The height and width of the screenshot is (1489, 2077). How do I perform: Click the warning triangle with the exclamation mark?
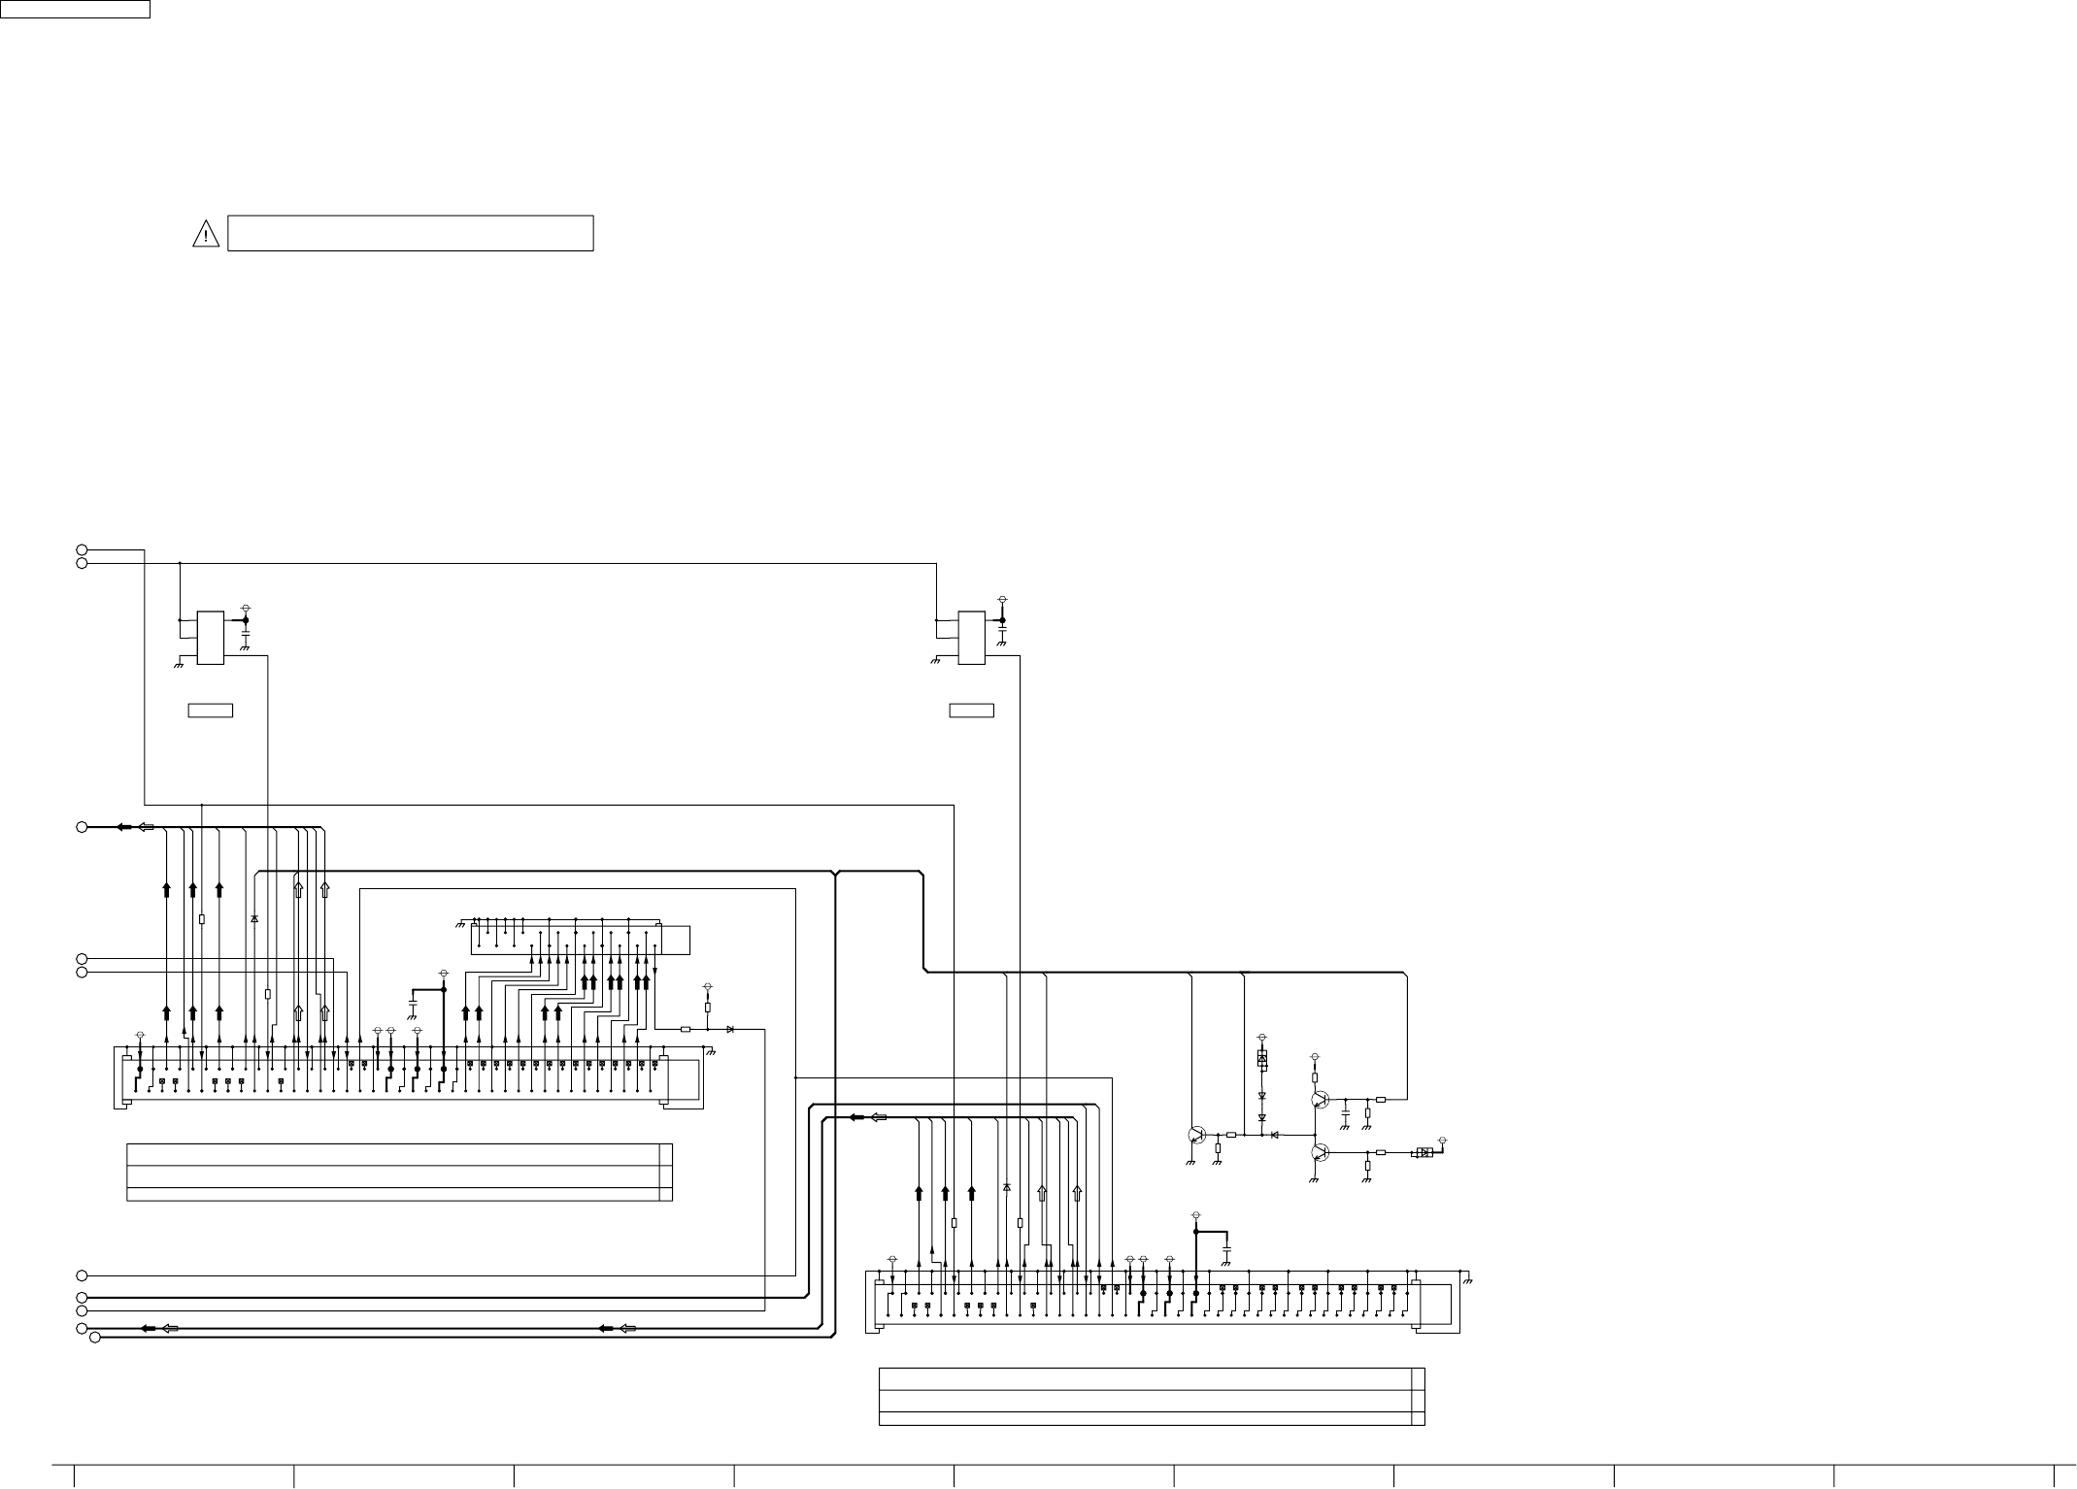(206, 234)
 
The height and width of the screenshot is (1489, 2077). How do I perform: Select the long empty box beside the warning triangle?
(410, 233)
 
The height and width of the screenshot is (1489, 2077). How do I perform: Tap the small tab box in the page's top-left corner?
(75, 9)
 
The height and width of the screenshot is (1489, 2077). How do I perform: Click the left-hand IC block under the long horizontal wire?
(211, 638)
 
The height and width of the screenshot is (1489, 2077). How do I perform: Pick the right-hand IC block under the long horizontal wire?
(971, 638)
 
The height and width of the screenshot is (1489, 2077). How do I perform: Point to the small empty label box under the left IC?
(210, 711)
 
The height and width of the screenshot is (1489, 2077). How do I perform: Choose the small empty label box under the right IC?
(971, 711)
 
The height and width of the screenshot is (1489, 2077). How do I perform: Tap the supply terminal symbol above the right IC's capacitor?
(1002, 601)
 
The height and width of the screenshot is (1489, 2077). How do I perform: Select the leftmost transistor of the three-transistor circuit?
(1196, 1135)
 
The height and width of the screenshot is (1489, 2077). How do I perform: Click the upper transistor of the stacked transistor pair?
(1319, 1100)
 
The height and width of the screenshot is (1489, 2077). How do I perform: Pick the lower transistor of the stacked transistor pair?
(1319, 1152)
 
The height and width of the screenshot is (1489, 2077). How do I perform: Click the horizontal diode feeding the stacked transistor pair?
(1275, 1135)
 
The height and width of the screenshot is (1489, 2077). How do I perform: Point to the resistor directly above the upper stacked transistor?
(1315, 1077)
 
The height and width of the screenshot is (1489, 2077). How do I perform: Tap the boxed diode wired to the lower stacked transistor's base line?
(1424, 1152)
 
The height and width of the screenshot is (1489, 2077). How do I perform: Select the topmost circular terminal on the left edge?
(83, 550)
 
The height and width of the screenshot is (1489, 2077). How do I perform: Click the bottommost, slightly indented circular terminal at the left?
(95, 1339)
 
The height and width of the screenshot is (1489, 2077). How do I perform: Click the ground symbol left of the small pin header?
(459, 923)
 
